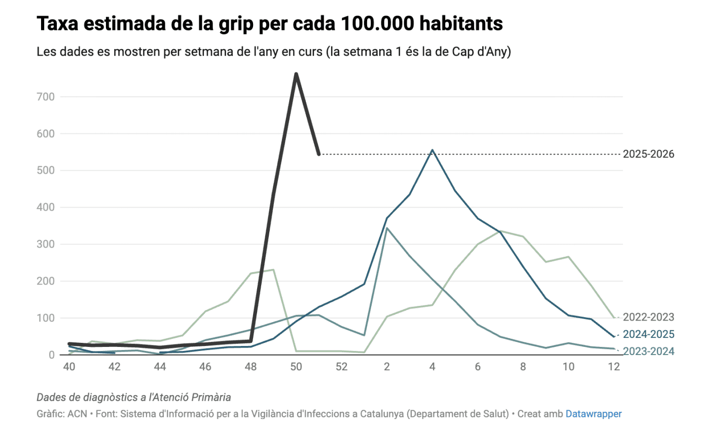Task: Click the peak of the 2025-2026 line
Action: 296,74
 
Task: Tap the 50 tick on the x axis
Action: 296,367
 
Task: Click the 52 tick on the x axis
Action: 341,367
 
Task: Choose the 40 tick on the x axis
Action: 69,367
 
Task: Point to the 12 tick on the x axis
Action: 614,367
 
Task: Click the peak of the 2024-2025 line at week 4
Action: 432,150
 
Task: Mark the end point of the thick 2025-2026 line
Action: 318,154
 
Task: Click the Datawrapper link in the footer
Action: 593,414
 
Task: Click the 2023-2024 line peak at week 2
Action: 387,228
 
